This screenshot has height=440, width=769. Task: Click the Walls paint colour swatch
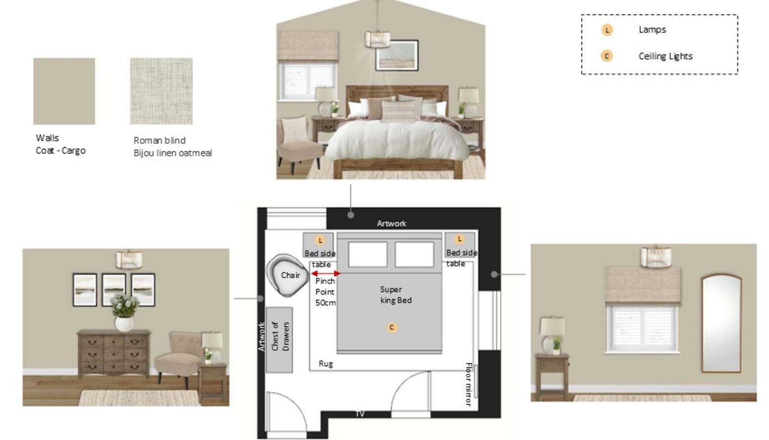tap(64, 91)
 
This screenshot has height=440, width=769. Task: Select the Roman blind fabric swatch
tap(161, 91)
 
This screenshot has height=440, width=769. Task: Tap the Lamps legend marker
tap(607, 30)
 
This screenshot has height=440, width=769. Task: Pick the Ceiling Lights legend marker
tap(607, 56)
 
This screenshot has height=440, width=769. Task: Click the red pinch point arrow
tap(326, 273)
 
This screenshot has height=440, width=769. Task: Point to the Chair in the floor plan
tap(288, 275)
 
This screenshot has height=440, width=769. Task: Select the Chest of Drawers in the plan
tap(279, 340)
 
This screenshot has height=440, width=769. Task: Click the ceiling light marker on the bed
tap(392, 327)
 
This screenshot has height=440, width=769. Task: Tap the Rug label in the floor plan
tap(326, 364)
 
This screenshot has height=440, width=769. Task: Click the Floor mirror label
tap(469, 384)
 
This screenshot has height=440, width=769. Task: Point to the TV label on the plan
tap(360, 414)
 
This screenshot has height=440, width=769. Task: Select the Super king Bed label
tap(396, 295)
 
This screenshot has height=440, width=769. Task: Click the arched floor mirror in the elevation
tap(721, 323)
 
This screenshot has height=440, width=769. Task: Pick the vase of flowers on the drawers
tap(124, 312)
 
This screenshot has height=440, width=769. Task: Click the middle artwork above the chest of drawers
tap(114, 290)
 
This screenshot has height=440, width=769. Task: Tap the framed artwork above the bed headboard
tap(397, 55)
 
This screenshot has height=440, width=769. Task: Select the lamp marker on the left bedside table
tap(320, 240)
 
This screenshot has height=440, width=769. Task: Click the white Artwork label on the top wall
tap(391, 223)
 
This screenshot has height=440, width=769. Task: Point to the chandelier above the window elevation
tap(656, 256)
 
